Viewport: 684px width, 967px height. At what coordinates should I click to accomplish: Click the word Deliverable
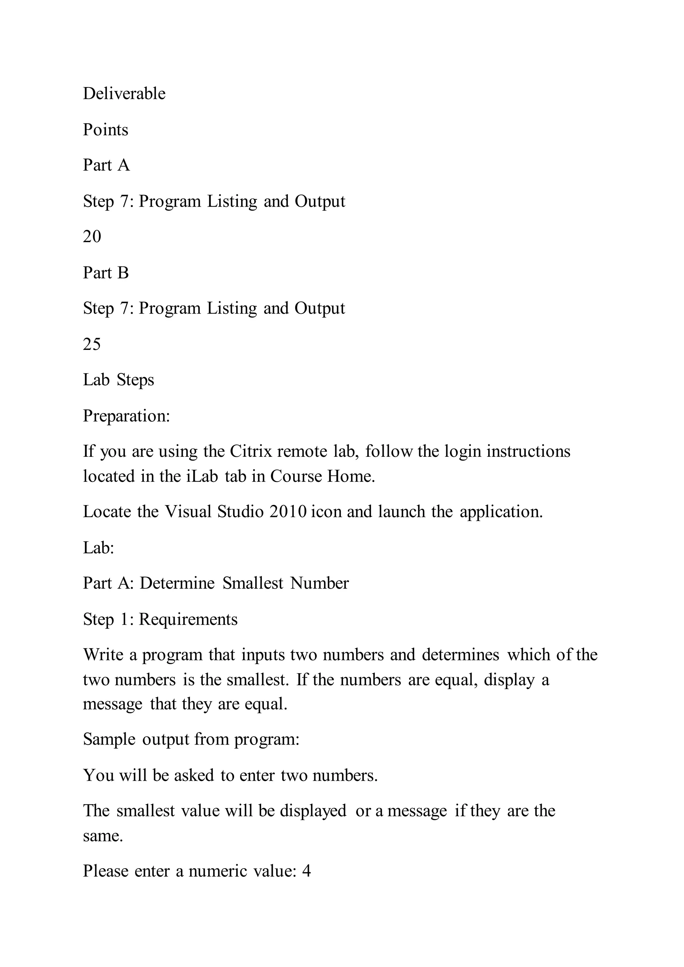124,93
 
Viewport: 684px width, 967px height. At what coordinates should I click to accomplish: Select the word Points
105,130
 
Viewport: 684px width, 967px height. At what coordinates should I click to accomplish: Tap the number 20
92,237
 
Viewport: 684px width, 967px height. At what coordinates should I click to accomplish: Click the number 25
92,345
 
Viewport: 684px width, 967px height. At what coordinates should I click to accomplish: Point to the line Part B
106,273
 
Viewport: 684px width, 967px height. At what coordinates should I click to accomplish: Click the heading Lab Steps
118,380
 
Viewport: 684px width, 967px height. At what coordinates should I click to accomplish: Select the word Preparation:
126,416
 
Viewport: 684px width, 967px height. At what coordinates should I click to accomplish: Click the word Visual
188,512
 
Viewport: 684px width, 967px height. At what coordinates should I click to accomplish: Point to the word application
501,512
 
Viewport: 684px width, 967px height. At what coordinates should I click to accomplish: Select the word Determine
177,583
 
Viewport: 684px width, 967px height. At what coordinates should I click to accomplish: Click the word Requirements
188,619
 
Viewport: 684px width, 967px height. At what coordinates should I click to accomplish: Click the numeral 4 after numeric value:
307,871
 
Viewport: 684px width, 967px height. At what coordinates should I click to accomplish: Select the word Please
106,871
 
